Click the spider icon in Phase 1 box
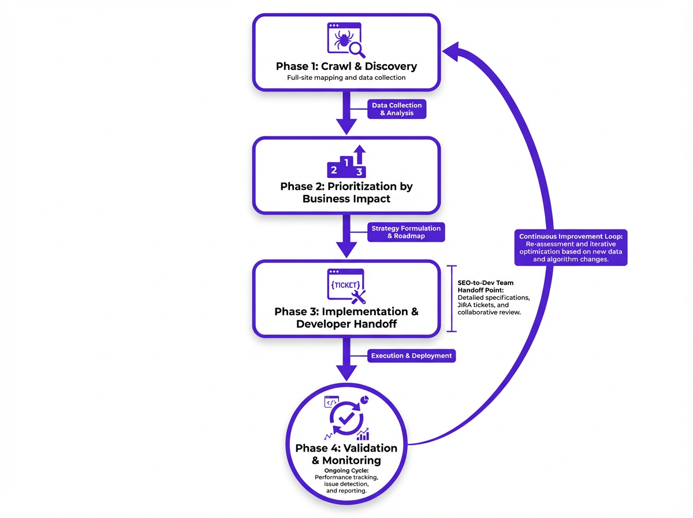pyautogui.click(x=344, y=40)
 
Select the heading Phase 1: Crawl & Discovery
pyautogui.click(x=346, y=66)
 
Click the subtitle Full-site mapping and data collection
pyautogui.click(x=346, y=77)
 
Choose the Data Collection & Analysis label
pyautogui.click(x=397, y=109)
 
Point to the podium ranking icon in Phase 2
pyautogui.click(x=346, y=162)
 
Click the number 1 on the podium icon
pyautogui.click(x=346, y=162)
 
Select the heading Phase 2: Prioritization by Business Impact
pyautogui.click(x=346, y=193)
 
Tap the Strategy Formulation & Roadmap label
pyautogui.click(x=405, y=232)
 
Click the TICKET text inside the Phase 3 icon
pyautogui.click(x=345, y=285)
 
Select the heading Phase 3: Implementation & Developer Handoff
pyautogui.click(x=346, y=317)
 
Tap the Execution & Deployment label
pyautogui.click(x=411, y=356)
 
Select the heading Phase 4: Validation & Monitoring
pyautogui.click(x=346, y=454)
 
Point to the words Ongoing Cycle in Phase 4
pyautogui.click(x=346, y=471)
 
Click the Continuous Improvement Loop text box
pyautogui.click(x=571, y=248)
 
